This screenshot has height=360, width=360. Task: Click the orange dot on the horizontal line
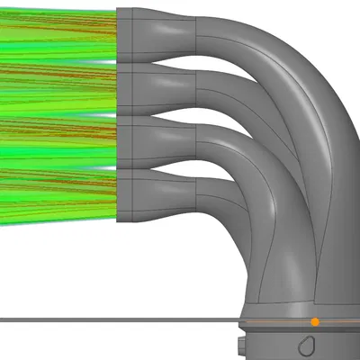[315, 321]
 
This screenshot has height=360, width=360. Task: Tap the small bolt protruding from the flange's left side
[240, 345]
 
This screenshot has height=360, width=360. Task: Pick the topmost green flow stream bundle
[58, 36]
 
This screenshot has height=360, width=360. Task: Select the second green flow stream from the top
[58, 90]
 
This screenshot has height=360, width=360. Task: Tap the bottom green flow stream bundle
[58, 193]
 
